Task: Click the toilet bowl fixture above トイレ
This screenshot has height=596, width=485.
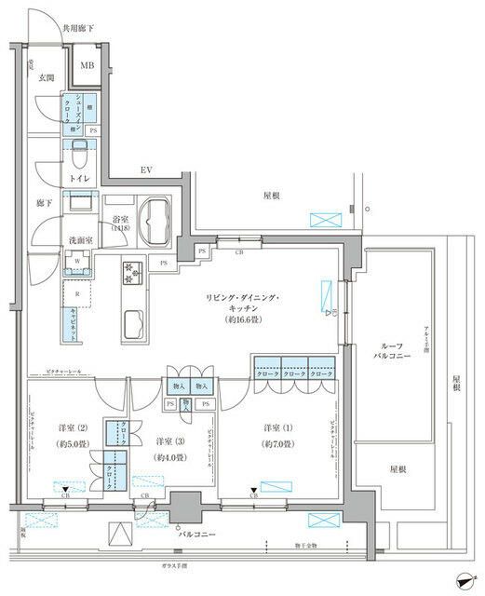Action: (80, 151)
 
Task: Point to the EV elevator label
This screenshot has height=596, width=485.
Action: (146, 170)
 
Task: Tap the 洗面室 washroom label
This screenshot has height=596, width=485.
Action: (80, 240)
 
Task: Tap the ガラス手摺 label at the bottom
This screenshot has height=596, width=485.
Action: (170, 567)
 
